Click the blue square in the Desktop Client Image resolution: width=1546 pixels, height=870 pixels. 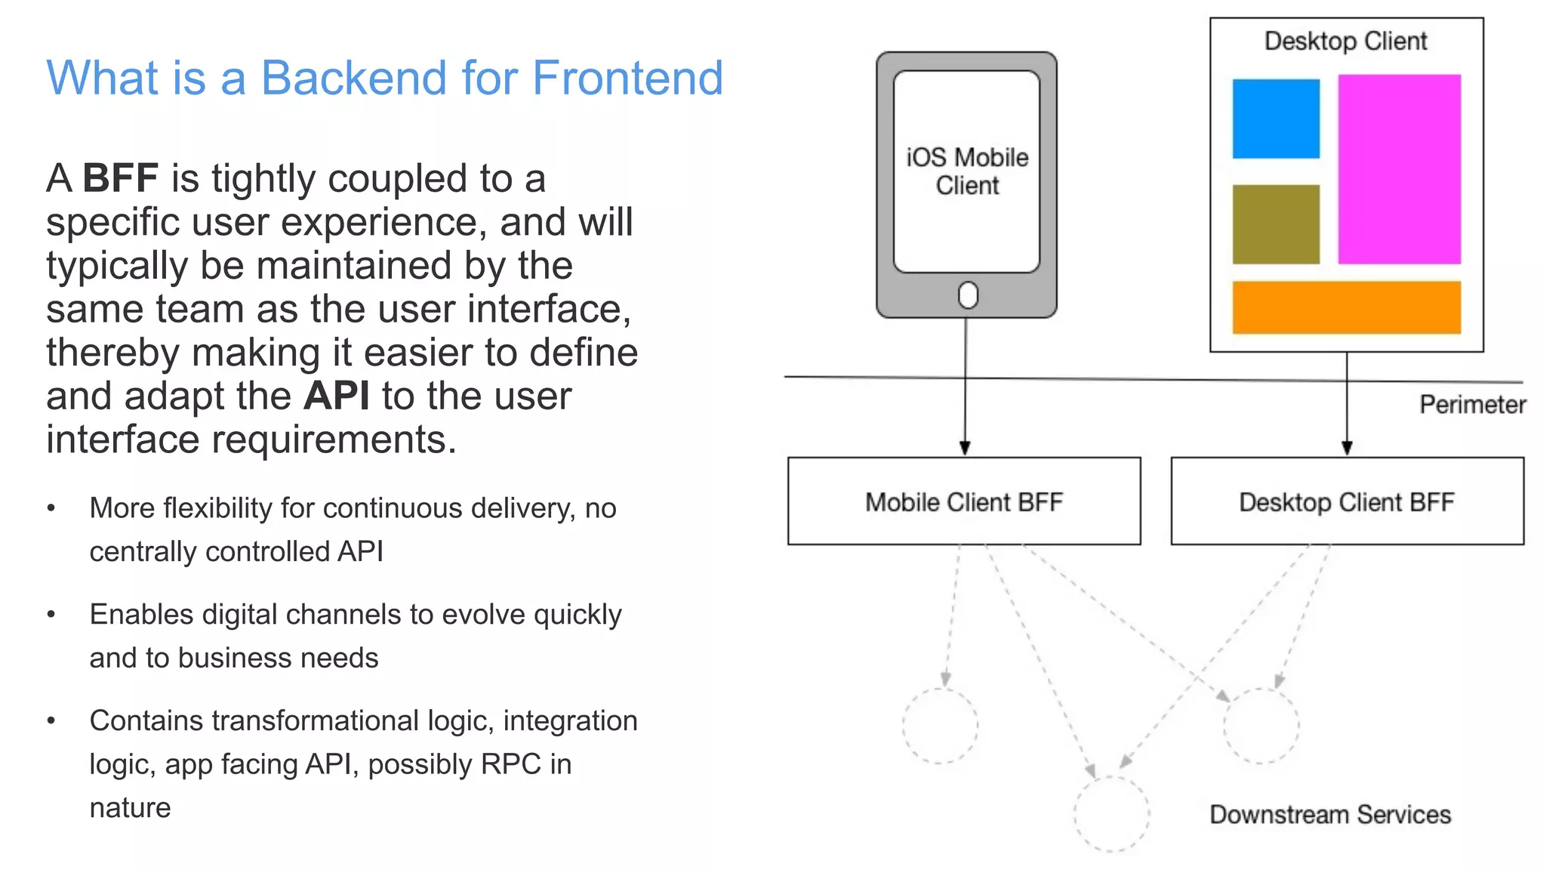[x=1276, y=119]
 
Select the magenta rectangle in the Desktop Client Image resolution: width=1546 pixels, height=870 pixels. [x=1399, y=169]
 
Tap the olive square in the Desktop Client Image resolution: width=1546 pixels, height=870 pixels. [x=1276, y=224]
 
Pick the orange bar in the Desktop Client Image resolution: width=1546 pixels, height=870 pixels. [x=1346, y=307]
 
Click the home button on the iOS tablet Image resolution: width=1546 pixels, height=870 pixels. [x=967, y=295]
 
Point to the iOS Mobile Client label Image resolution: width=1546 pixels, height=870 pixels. [x=967, y=171]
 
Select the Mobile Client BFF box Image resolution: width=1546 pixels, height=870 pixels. [x=964, y=501]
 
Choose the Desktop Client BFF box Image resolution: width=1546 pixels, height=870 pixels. [x=1347, y=501]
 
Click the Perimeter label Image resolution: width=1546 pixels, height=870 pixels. [x=1472, y=405]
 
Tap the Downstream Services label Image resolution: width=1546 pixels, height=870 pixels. [x=1329, y=814]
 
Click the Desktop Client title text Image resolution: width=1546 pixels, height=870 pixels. [x=1345, y=41]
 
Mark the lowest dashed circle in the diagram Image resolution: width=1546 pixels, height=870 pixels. [x=1111, y=814]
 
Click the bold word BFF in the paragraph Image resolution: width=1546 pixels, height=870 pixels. [x=120, y=179]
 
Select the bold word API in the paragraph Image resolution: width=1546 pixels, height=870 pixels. [x=337, y=396]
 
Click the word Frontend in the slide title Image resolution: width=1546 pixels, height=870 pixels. [x=627, y=78]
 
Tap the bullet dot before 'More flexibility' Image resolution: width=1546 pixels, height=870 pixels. [x=51, y=508]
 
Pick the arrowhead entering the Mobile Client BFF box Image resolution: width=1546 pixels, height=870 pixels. [x=965, y=448]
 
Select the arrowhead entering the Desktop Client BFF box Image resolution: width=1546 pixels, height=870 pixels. [x=1347, y=448]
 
